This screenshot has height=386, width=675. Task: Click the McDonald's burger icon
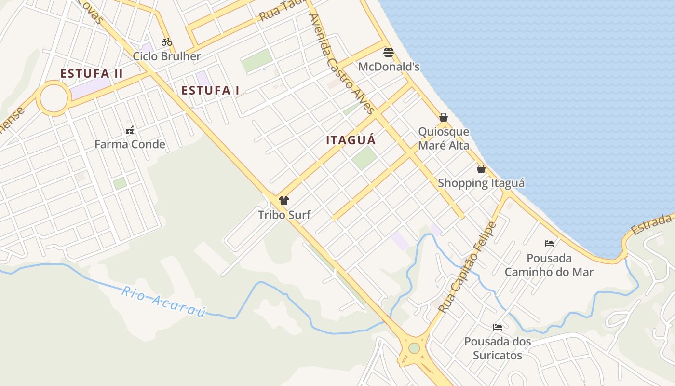(389, 52)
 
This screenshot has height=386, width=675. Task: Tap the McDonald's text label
(389, 66)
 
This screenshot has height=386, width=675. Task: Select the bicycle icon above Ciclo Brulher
(167, 42)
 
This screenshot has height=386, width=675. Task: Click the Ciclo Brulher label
(167, 56)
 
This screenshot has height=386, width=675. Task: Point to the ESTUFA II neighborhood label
(92, 74)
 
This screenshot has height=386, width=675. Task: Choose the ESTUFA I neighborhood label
(210, 90)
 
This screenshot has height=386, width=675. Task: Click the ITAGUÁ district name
(351, 140)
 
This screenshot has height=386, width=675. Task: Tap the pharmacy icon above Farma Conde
(130, 130)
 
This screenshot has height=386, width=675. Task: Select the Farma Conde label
(130, 144)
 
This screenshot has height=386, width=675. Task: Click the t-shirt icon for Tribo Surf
(284, 201)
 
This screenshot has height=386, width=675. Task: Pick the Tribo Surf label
(284, 215)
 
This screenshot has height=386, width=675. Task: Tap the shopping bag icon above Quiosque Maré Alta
(444, 117)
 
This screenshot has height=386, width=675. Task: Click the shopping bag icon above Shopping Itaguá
(481, 169)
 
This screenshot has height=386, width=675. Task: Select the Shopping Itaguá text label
(481, 183)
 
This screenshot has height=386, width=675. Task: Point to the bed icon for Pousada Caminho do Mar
(549, 243)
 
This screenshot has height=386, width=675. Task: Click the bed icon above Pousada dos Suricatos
(498, 327)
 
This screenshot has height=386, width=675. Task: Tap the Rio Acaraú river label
(163, 302)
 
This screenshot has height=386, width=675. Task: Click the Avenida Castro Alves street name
(342, 63)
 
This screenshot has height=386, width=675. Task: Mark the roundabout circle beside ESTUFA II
(54, 98)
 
